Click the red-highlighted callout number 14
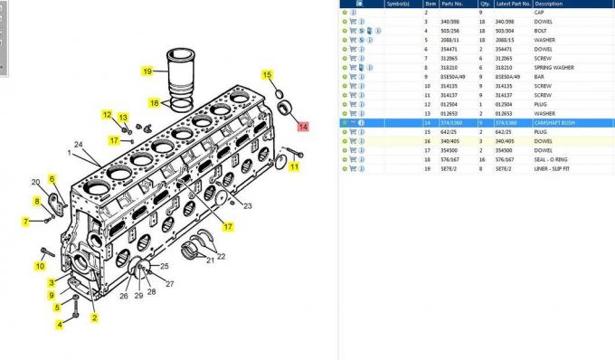(304, 127)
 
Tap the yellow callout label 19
(147, 71)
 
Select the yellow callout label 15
(267, 74)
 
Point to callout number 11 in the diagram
(294, 166)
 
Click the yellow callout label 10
(40, 265)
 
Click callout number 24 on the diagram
(79, 145)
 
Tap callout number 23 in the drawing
(248, 206)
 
